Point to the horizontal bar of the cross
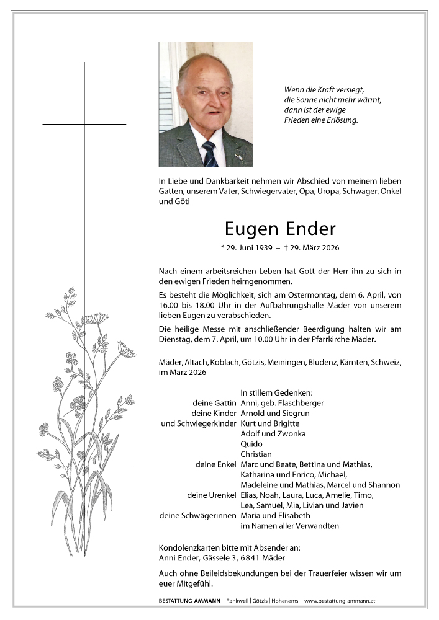[x=84, y=124]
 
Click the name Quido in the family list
[x=251, y=444]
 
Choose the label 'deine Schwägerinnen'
[x=198, y=515]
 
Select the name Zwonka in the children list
[x=292, y=434]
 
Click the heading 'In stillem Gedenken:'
[x=276, y=392]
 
